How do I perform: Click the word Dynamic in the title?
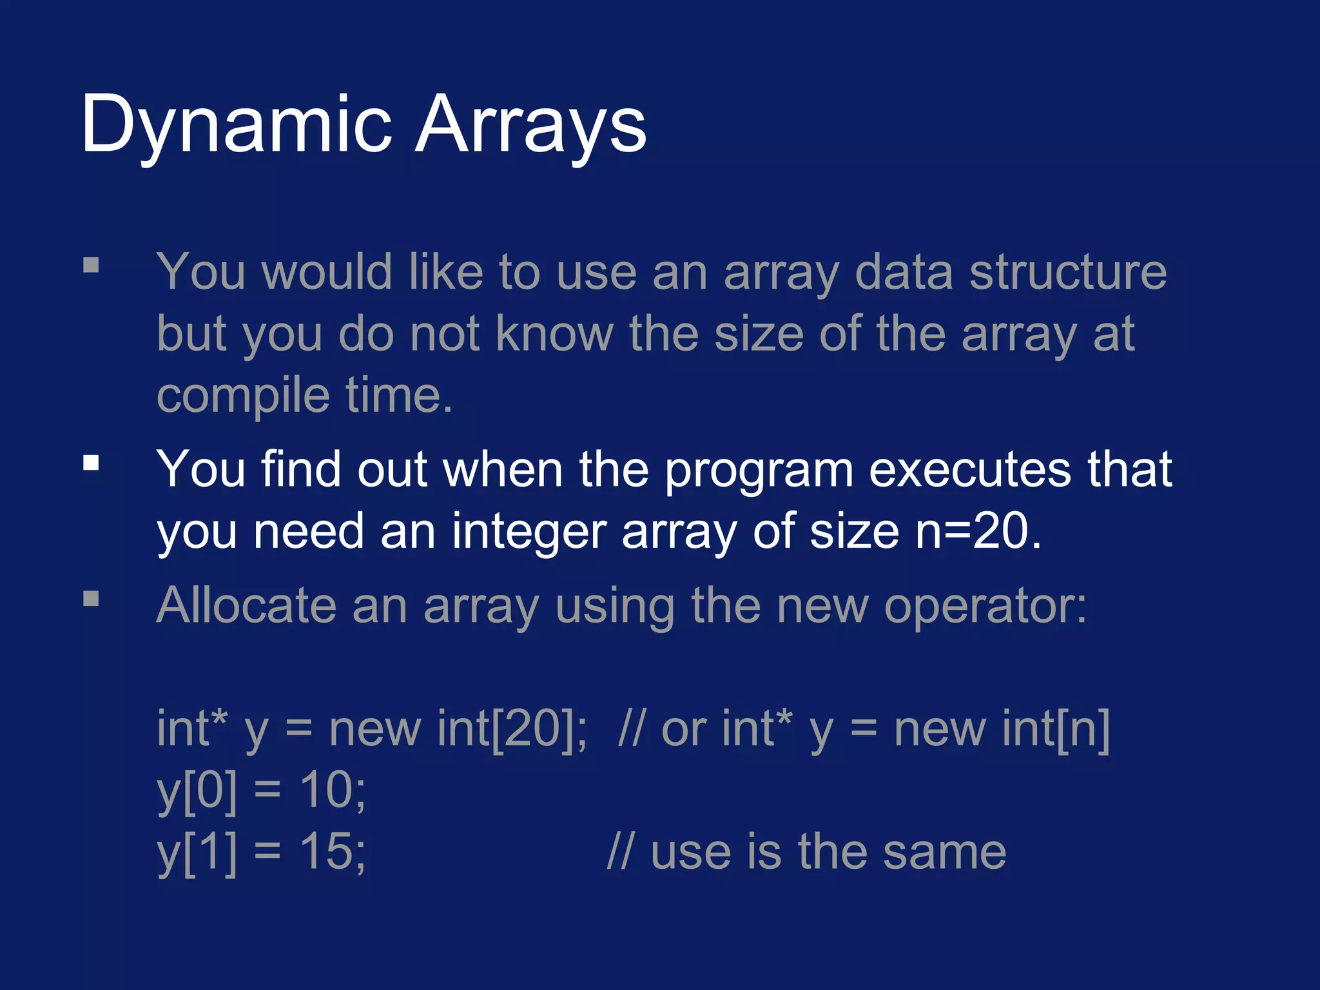pyautogui.click(x=236, y=124)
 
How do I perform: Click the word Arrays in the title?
pyautogui.click(x=530, y=124)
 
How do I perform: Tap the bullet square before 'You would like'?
pyautogui.click(x=91, y=266)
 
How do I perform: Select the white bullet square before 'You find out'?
pyautogui.click(x=91, y=463)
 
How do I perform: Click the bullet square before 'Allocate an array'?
pyautogui.click(x=91, y=599)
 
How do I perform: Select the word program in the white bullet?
pyautogui.click(x=759, y=470)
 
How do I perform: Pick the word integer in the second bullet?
pyautogui.click(x=529, y=532)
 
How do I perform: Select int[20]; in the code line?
pyautogui.click(x=512, y=729)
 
